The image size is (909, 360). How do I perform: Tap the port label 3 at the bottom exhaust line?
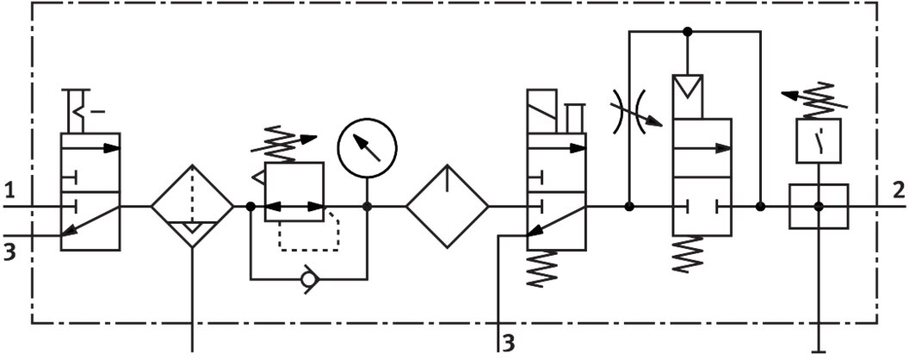pyautogui.click(x=508, y=343)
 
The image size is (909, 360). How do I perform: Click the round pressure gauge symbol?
pyautogui.click(x=367, y=147)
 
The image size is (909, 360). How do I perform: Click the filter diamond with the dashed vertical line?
pyautogui.click(x=193, y=207)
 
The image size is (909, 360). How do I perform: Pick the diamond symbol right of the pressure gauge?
pyautogui.click(x=447, y=207)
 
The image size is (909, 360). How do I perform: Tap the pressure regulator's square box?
pyautogui.click(x=294, y=192)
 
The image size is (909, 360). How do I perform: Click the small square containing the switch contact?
pyautogui.click(x=819, y=140)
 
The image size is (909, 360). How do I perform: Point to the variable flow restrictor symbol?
pyautogui.click(x=634, y=111)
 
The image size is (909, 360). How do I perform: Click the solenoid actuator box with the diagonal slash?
pyautogui.click(x=542, y=111)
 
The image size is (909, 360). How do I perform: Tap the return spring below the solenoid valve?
pyautogui.click(x=542, y=269)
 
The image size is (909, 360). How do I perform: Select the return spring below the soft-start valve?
pyautogui.click(x=688, y=254)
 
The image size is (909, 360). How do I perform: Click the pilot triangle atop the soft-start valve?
pyautogui.click(x=688, y=86)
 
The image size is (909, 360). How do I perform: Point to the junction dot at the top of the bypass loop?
pyautogui.click(x=688, y=31)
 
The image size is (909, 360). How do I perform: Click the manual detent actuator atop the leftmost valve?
pyautogui.click(x=79, y=111)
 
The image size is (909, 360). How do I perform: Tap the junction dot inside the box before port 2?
pyautogui.click(x=819, y=207)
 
